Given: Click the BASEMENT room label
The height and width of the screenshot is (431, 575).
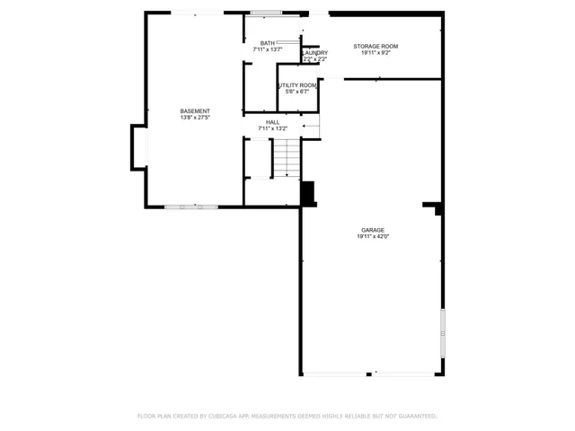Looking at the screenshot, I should (x=195, y=111).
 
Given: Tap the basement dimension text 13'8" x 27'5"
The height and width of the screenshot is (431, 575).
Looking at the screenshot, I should (x=195, y=118).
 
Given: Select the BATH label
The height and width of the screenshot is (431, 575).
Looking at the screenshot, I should (x=268, y=43).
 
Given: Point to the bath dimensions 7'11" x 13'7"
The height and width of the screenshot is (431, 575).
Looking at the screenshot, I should (x=268, y=49).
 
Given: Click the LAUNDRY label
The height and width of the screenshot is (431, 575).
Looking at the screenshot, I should (x=315, y=53).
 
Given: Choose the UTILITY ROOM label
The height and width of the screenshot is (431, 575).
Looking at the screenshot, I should (x=296, y=85).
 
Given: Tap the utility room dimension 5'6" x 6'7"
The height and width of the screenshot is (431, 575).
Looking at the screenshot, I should (x=296, y=92).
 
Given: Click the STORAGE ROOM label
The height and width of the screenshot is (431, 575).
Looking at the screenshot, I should (x=376, y=46).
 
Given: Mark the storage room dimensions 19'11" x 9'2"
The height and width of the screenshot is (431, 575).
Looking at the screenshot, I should (x=376, y=52).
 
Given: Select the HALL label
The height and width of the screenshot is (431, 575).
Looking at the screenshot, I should (x=272, y=122).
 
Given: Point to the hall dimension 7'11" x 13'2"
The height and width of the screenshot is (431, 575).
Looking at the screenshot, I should (x=272, y=128).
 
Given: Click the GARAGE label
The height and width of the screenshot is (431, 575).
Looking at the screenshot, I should (x=373, y=230).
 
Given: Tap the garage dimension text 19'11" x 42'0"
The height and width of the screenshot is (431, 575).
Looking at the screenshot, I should (x=373, y=236).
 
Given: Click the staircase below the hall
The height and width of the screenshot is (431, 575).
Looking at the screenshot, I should (x=286, y=159).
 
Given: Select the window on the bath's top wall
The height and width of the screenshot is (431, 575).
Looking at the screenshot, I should (x=266, y=13).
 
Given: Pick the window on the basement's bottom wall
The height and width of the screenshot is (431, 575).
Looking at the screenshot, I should (x=190, y=207).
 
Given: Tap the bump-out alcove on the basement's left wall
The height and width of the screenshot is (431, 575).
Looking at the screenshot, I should (x=138, y=146).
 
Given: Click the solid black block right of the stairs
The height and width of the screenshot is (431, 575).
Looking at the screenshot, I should (x=308, y=194).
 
